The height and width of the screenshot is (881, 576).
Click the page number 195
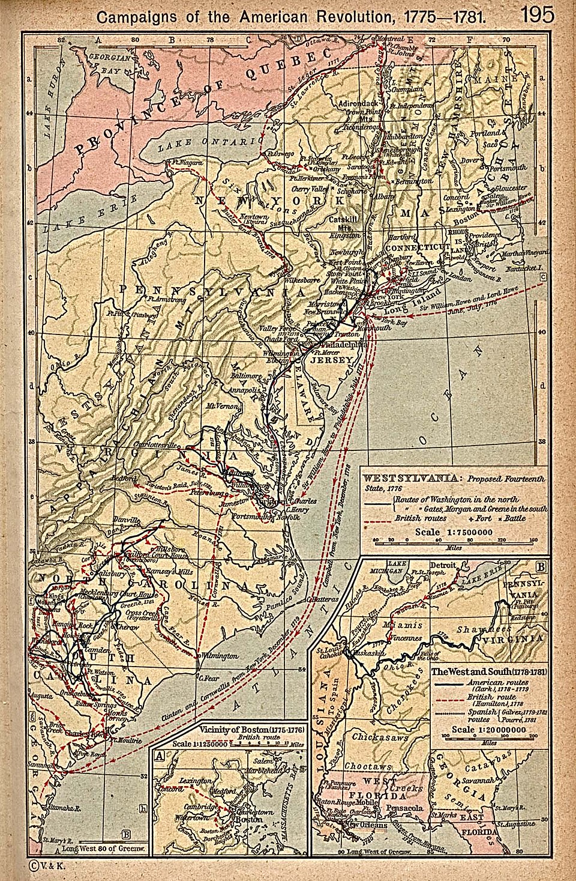coord(538,14)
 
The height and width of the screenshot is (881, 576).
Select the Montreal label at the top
coord(388,38)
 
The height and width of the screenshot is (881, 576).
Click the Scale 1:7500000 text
coord(454,531)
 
